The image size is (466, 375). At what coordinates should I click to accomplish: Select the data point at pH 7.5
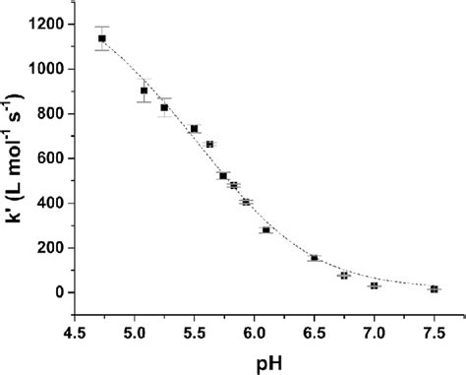coord(434,289)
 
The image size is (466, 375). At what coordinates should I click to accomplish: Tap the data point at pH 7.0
coord(374,285)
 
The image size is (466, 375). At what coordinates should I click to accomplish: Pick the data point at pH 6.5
coord(314,258)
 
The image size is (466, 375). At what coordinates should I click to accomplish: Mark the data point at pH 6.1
coord(265,230)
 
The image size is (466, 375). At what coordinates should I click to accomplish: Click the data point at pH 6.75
coord(344,276)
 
